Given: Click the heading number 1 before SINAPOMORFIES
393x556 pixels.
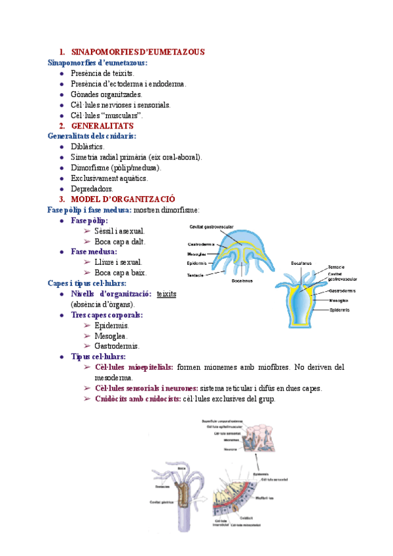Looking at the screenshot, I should pos(62,52).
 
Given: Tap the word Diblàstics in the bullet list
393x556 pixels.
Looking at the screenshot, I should pos(87,147).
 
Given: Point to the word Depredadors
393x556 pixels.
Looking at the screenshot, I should pos(92,189).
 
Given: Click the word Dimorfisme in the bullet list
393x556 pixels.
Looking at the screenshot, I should pos(90,168).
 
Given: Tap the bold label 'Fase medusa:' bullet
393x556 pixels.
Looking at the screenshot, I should pos(94,252).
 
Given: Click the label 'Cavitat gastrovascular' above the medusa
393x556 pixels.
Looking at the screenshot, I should pos(209,228).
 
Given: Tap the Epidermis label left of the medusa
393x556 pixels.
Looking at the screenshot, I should pos(197,264).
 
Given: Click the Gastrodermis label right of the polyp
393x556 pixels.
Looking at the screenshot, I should pos(343,290).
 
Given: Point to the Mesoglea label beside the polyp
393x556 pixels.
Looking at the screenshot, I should pos(340,300).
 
